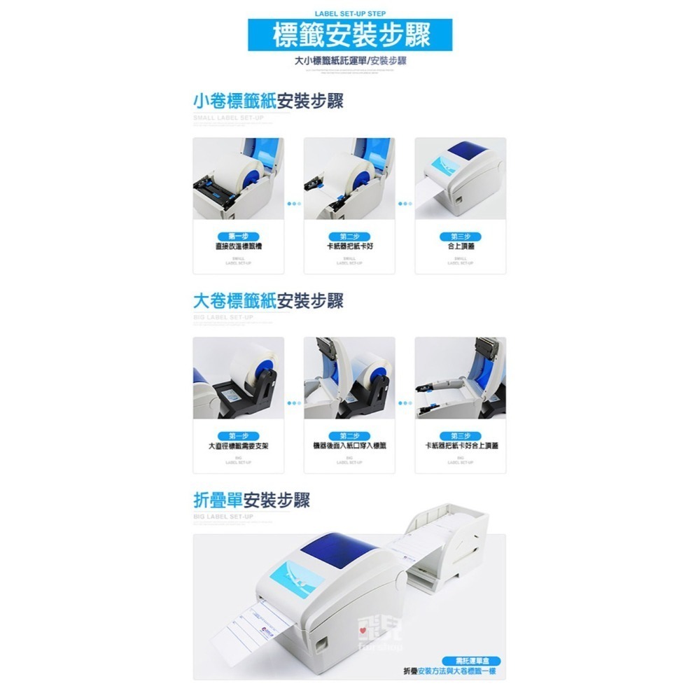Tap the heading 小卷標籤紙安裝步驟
pos(268,101)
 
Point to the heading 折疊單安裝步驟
pos(251,500)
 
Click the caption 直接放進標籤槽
pos(239,246)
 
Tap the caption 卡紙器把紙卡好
pos(349,246)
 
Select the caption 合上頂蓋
pos(461,246)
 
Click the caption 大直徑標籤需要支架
pos(239,445)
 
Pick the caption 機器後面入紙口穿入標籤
pos(349,445)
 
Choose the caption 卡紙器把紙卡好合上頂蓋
pos(461,445)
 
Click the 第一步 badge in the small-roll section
pos(239,237)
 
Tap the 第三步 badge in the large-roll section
pos(461,436)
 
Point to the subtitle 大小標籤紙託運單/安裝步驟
pos(351,61)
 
